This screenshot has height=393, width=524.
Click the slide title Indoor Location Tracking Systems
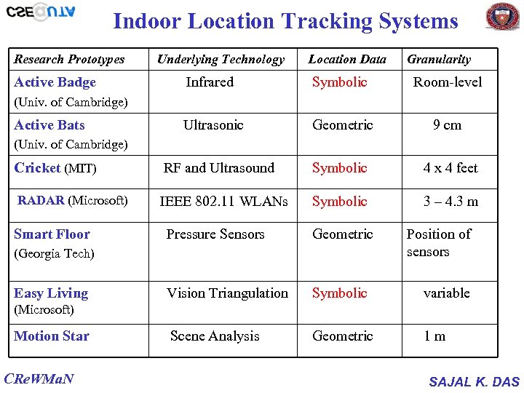coord(285,21)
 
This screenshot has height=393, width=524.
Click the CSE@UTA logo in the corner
coord(41,12)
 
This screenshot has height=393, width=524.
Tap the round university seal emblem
coord(502,16)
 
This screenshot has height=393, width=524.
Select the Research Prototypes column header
coord(69,60)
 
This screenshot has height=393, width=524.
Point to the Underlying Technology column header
coord(221,60)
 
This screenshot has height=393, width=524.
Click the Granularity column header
coord(439,60)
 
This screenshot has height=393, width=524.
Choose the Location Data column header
coord(347,60)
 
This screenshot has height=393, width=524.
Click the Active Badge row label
coord(55,82)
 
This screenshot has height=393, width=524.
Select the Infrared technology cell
coord(210,82)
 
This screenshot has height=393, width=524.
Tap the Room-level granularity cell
coord(448,82)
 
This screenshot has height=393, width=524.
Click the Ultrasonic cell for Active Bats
coord(213,125)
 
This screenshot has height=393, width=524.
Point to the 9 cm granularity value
coord(447,125)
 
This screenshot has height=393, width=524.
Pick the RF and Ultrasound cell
coord(219,168)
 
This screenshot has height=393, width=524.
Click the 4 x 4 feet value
coord(450,168)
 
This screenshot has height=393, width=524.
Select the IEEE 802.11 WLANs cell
coord(223,202)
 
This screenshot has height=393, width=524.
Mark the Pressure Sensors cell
coord(215,234)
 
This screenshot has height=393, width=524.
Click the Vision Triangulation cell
coord(227,293)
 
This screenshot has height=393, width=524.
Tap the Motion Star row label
coord(52,336)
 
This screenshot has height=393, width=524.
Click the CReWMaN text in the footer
coord(39,379)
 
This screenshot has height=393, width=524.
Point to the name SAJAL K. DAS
coord(474,381)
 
